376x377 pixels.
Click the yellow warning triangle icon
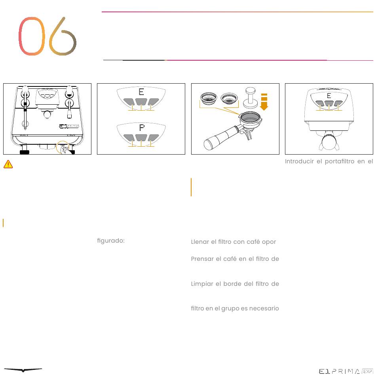point(8,164)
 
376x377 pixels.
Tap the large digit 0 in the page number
point(32,36)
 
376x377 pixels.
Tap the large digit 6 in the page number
point(63,36)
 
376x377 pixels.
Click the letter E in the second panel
point(141,92)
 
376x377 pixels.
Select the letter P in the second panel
point(142,127)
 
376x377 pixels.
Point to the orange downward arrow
point(264,102)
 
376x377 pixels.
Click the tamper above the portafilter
point(251,98)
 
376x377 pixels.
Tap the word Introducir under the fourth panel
point(299,161)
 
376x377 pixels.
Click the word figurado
point(111,241)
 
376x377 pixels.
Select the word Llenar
point(200,242)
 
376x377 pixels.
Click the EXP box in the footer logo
point(368,371)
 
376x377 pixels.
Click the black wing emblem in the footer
point(23,370)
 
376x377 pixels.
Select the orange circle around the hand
point(63,147)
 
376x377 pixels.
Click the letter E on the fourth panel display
point(329,96)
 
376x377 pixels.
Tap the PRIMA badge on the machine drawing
point(69,126)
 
